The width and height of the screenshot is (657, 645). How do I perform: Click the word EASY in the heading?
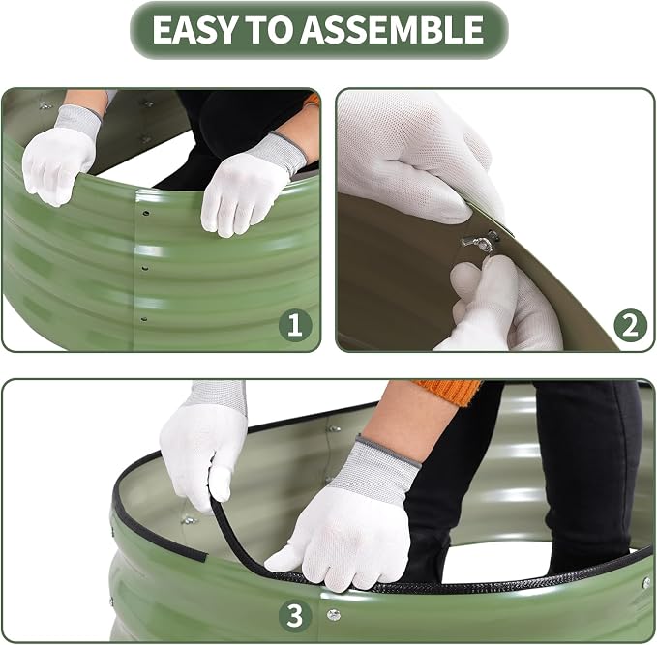[194, 30]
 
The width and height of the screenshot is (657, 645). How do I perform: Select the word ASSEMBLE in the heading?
[392, 30]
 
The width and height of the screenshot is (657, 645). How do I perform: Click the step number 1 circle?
[295, 324]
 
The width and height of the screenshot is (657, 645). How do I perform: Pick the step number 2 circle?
[631, 325]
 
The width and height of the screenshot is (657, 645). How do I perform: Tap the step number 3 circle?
[295, 616]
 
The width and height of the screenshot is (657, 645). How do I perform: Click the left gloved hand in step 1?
[60, 157]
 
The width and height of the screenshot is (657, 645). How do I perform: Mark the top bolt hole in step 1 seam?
[146, 213]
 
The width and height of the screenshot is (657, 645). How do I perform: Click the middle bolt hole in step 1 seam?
[145, 268]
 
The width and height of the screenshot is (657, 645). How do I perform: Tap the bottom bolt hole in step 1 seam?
[144, 319]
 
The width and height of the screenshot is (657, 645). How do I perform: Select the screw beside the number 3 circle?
[334, 615]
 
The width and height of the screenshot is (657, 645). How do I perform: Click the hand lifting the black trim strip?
[203, 444]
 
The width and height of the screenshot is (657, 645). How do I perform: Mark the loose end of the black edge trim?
[204, 556]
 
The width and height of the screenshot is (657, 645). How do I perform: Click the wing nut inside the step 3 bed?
[189, 520]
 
